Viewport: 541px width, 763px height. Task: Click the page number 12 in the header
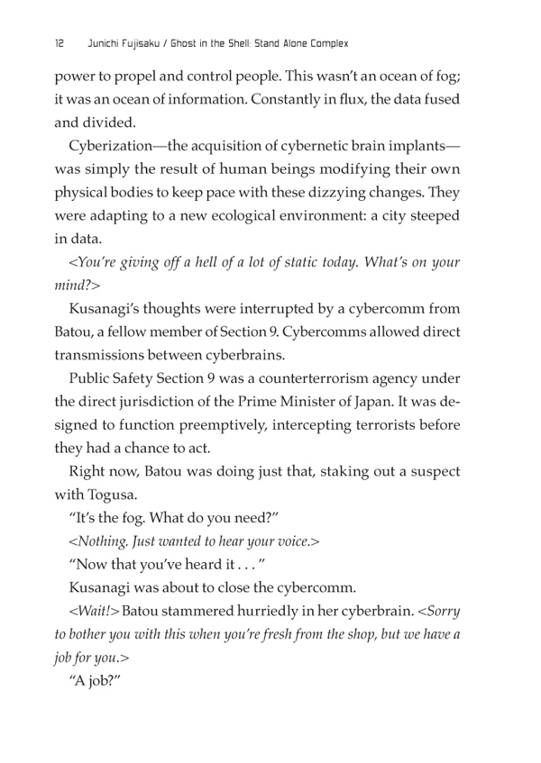pyautogui.click(x=59, y=42)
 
